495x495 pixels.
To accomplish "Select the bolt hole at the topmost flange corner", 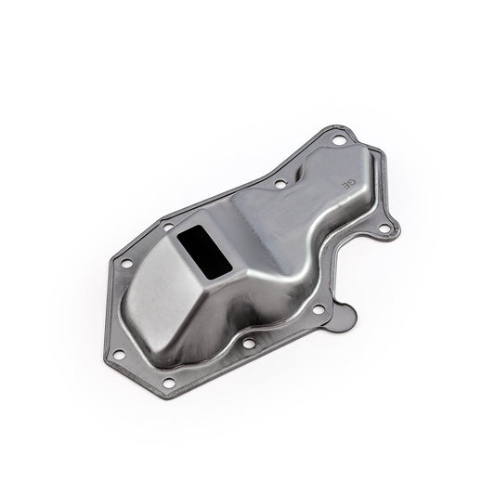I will pyautogui.click(x=338, y=140).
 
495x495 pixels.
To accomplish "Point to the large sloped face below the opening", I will pyautogui.click(x=167, y=306).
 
